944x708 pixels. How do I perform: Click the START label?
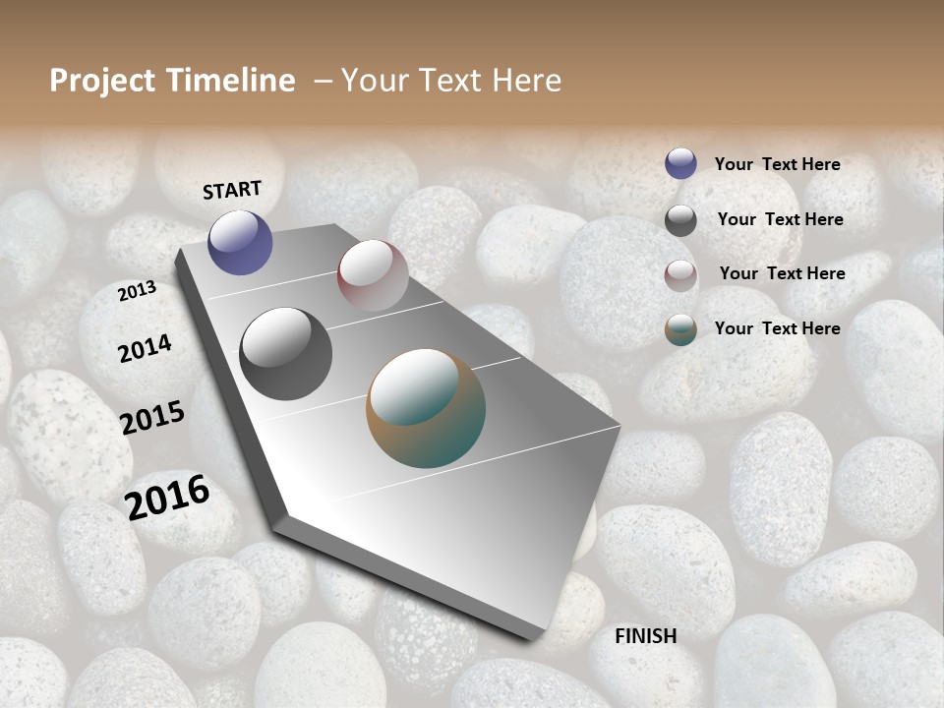tap(232, 190)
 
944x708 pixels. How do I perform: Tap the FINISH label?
tap(645, 636)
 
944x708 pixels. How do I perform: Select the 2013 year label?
tap(138, 291)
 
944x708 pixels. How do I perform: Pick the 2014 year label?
tap(145, 348)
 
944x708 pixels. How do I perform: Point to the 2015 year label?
tap(152, 418)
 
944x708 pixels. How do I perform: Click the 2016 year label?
tap(167, 497)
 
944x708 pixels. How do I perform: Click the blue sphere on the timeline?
tap(240, 242)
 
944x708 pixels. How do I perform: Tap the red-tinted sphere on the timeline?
tap(373, 274)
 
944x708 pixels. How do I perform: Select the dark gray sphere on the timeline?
tap(286, 354)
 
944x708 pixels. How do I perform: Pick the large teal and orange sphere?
tap(426, 408)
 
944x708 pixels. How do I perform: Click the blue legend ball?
tap(680, 163)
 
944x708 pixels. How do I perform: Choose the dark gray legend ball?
tap(680, 220)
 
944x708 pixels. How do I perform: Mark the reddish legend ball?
tap(680, 275)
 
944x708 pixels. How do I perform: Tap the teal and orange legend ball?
tap(680, 329)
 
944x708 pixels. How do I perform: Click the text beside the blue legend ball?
tap(777, 164)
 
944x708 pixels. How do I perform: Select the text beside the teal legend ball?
tap(777, 328)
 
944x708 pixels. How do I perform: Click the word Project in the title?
tap(103, 81)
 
